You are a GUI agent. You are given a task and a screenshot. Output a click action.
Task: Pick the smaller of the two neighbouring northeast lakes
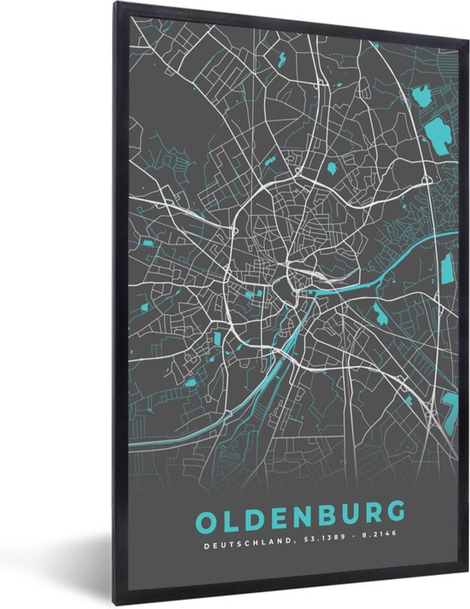[x=420, y=96]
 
